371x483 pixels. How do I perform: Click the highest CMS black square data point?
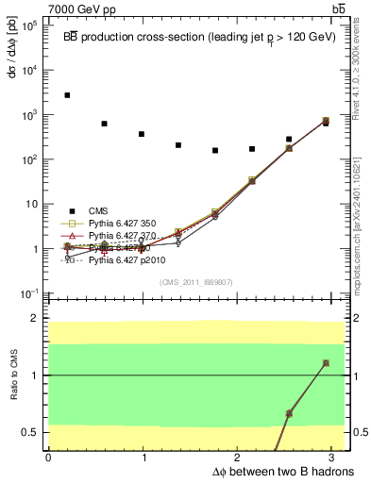67,95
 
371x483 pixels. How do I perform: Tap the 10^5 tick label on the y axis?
31,25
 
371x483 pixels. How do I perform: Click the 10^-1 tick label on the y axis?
30,293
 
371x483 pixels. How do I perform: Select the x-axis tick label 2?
238,458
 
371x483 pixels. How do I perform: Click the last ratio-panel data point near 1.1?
326,363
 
